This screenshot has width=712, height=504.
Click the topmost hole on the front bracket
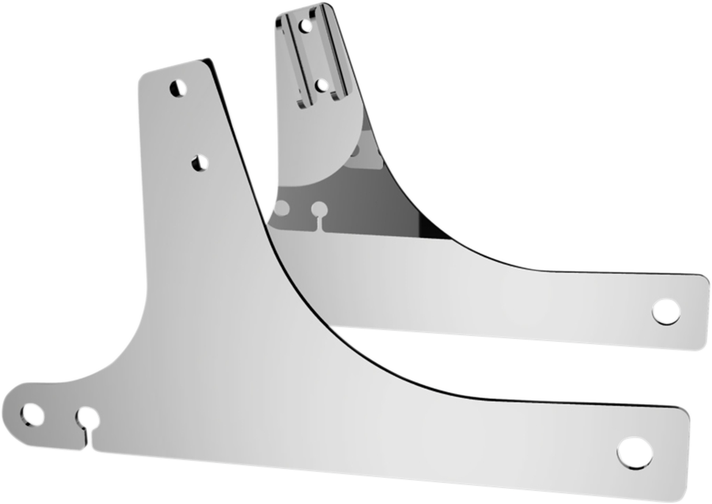[177, 89]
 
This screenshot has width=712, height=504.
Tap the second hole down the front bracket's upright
[199, 163]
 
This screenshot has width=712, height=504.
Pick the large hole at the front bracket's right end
[633, 451]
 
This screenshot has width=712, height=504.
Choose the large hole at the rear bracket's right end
[666, 311]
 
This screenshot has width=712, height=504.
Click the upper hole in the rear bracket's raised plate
[306, 26]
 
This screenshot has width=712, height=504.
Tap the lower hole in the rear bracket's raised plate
[321, 85]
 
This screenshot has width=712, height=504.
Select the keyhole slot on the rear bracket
[319, 210]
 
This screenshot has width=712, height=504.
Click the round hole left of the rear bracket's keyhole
[281, 209]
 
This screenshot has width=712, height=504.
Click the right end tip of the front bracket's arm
[688, 456]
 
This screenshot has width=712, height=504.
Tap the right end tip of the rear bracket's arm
[708, 309]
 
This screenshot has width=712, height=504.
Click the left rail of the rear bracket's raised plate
[289, 59]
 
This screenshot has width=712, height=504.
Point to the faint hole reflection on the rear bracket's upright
[354, 151]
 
